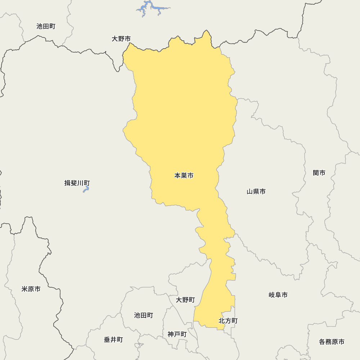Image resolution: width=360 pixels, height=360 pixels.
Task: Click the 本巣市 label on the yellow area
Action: point(184,176)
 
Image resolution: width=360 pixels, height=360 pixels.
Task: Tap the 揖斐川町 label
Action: point(77,183)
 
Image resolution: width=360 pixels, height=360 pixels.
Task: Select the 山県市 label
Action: point(256,192)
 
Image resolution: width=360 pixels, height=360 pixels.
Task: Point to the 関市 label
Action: point(319,173)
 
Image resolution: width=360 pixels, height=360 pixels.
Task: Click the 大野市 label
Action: point(121,39)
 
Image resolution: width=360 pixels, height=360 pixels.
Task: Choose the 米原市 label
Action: point(31,289)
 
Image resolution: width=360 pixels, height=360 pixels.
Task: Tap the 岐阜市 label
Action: point(278,295)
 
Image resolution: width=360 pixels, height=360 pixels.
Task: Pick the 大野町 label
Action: point(185,300)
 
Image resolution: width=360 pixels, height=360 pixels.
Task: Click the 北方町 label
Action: point(228,321)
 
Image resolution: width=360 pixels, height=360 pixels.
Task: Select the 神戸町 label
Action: point(177,334)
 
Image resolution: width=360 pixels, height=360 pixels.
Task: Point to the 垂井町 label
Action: point(113,340)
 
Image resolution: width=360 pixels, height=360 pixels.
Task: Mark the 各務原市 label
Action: point(332,342)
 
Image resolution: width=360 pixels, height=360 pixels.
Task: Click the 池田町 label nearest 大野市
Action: point(46,26)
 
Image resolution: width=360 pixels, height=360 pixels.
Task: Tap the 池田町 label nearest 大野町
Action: point(144,315)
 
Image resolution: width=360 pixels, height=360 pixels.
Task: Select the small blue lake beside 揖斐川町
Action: point(86,189)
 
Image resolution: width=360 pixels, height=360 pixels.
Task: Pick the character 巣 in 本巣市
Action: point(184,176)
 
